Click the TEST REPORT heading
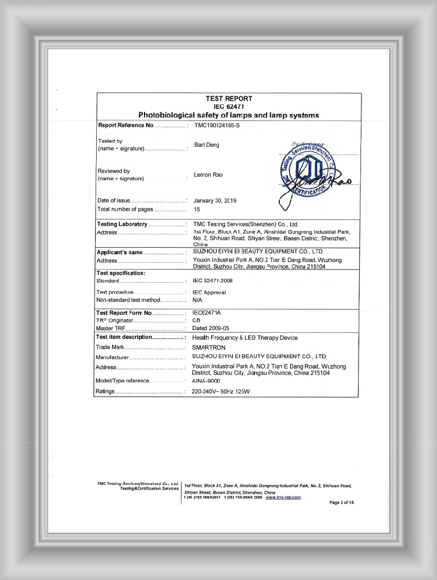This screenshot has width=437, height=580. (x=229, y=98)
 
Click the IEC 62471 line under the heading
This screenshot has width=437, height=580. (x=229, y=107)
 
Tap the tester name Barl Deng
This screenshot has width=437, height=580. (x=206, y=145)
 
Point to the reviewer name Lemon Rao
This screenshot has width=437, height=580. (x=208, y=175)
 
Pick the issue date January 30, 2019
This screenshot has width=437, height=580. (x=215, y=200)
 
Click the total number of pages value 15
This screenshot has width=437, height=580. (x=197, y=209)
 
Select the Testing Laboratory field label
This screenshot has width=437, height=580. (x=123, y=224)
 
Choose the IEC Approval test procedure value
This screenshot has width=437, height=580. (x=209, y=293)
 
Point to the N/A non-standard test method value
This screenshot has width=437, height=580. (x=197, y=300)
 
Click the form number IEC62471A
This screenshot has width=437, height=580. (x=207, y=312)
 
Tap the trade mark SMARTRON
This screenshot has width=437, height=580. (x=210, y=347)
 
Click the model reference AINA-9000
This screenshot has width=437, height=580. (x=206, y=381)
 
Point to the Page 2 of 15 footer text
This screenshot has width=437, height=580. (x=341, y=503)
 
